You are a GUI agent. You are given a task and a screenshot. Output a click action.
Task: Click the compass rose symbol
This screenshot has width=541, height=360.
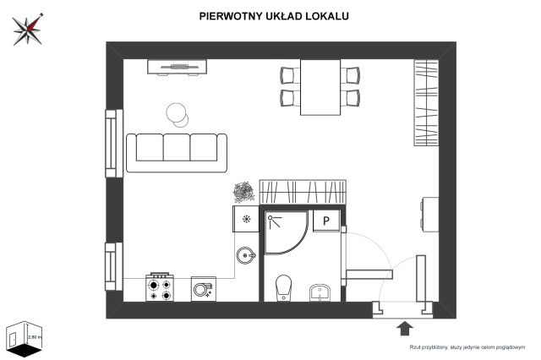(x=27, y=29)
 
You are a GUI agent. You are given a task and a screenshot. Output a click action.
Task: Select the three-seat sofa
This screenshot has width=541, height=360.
(x=178, y=150)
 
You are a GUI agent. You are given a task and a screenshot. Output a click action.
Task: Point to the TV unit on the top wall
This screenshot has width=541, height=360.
(x=178, y=66)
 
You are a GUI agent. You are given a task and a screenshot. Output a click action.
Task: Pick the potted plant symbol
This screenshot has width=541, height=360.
(x=243, y=192)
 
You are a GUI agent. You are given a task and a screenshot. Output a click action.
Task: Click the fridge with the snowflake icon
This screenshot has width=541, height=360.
(x=246, y=220)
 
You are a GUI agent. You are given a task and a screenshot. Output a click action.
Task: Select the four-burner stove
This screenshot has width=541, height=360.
(x=161, y=287)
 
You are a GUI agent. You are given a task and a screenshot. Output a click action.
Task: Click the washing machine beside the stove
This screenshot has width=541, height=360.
(x=204, y=288)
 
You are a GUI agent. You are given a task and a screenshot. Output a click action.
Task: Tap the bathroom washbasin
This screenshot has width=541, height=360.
(x=319, y=292)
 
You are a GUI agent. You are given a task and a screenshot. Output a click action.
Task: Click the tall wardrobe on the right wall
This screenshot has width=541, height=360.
(x=427, y=101)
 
